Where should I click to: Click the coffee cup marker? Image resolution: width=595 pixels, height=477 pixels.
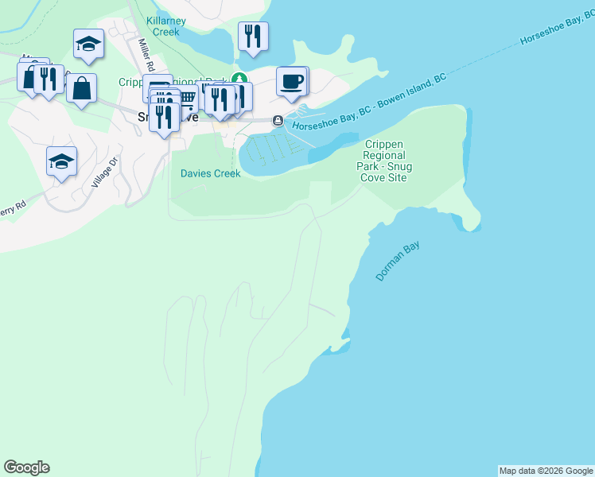(x=292, y=81)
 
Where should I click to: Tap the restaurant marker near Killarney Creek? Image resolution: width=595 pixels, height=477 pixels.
(x=253, y=36)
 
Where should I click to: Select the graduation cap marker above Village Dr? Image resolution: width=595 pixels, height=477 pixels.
(x=61, y=161)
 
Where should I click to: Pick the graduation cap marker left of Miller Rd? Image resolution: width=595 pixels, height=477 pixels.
(x=88, y=44)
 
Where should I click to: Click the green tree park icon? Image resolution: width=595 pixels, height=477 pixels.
(x=237, y=78)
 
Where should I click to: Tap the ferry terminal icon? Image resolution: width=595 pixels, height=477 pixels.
(x=278, y=121)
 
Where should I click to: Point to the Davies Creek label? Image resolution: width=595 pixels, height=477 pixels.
(x=210, y=173)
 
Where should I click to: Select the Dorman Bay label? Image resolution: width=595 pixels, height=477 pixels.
(x=397, y=262)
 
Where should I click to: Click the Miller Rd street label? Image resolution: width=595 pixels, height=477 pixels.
(x=146, y=56)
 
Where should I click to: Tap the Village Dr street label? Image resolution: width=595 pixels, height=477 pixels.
(x=104, y=171)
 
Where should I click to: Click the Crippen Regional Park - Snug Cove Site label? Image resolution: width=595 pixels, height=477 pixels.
(x=386, y=161)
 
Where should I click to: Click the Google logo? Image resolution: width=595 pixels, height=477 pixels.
(x=26, y=467)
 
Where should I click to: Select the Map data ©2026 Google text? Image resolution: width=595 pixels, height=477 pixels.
(x=546, y=471)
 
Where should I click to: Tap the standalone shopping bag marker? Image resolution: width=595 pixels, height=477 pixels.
(x=81, y=88)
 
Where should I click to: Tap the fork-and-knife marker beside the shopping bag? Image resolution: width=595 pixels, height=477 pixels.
(x=50, y=79)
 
